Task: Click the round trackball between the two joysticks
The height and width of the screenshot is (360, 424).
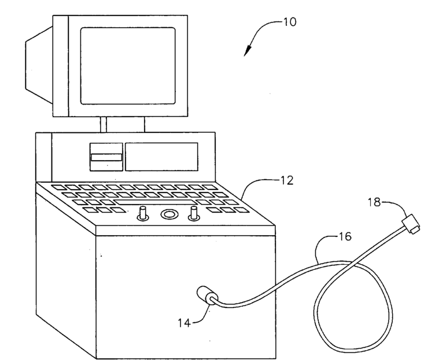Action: tap(169, 214)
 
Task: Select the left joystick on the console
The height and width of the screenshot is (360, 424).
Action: tap(142, 214)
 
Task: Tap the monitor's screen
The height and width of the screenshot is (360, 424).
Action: tap(127, 65)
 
